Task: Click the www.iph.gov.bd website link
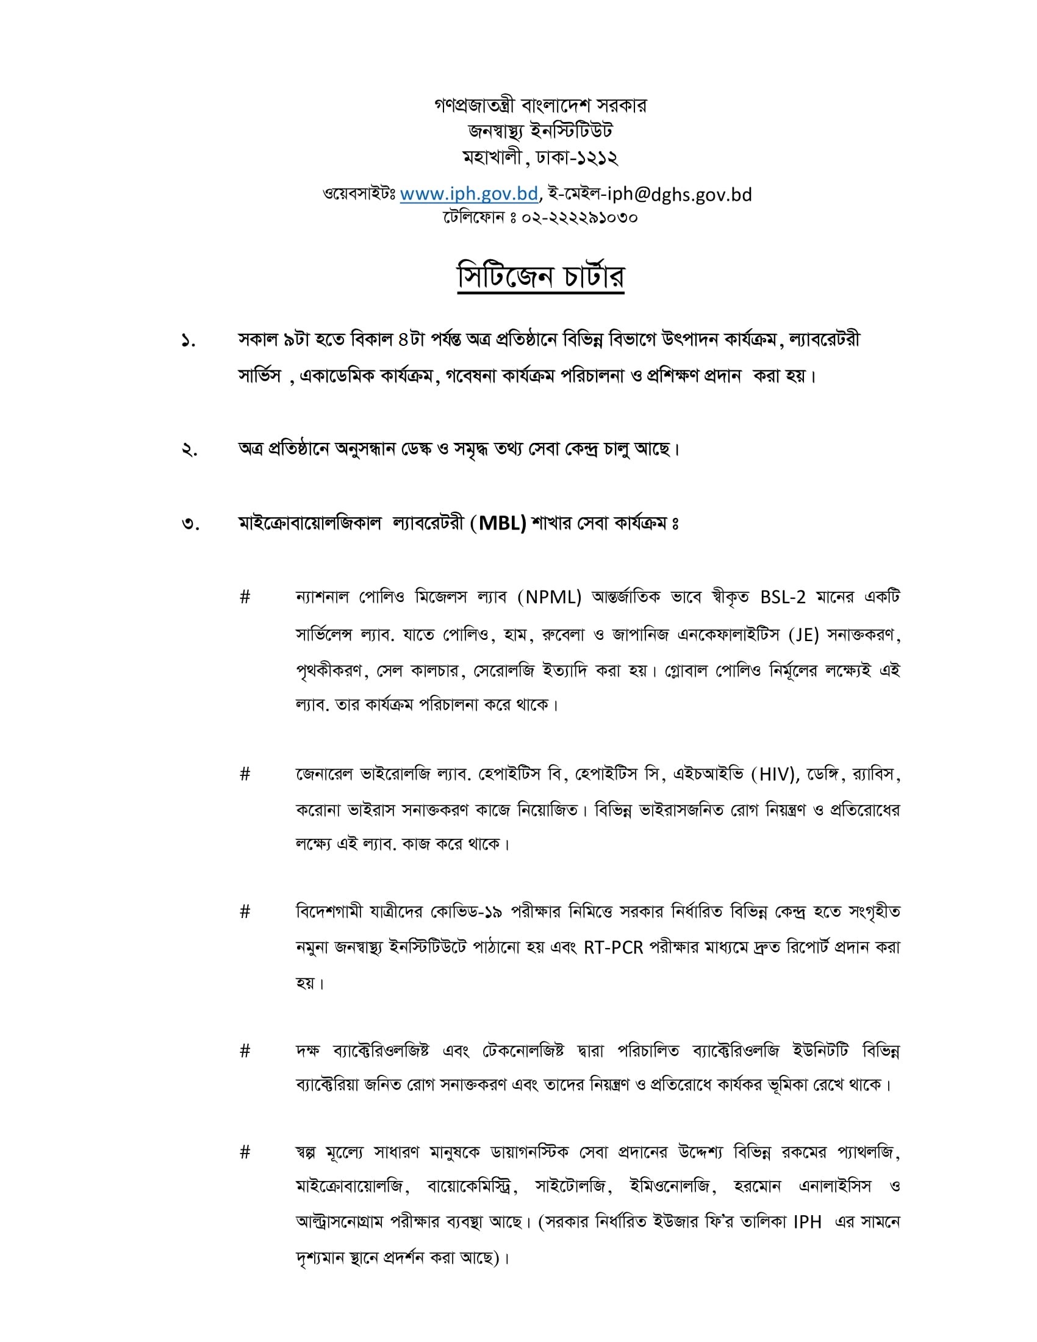[468, 194]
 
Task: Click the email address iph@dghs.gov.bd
[680, 194]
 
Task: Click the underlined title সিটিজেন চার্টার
[540, 277]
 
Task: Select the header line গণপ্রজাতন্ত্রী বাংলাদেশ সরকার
[540, 106]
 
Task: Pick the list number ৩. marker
[190, 525]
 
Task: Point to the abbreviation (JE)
[803, 635]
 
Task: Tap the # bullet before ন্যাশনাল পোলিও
[245, 597]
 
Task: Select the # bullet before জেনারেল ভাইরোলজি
[245, 774]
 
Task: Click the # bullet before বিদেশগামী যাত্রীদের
[245, 912]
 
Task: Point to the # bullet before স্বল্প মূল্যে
[245, 1152]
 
